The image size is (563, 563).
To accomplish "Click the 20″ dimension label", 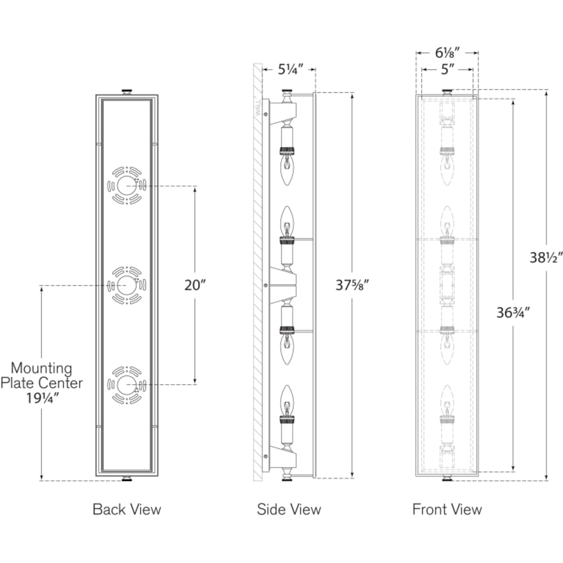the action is [195, 285].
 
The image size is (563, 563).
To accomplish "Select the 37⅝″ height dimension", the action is [352, 285].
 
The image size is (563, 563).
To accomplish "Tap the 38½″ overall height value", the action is [546, 258].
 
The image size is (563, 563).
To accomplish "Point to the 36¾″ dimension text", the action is [513, 313].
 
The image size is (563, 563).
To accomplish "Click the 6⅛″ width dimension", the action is [447, 53].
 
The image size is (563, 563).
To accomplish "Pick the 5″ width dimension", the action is [447, 69].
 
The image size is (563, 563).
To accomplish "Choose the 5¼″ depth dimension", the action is [291, 69].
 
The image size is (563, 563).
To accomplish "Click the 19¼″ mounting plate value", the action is [43, 398].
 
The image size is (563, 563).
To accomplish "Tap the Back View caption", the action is [127, 509].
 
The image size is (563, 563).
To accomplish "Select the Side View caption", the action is [289, 509].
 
